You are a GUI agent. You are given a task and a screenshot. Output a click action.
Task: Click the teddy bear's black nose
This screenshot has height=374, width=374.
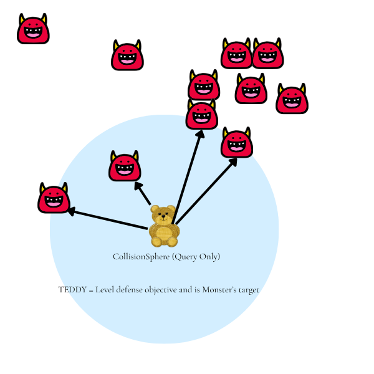coord(163,216)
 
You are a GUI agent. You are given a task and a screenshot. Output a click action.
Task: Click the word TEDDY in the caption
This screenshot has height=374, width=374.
coord(72,290)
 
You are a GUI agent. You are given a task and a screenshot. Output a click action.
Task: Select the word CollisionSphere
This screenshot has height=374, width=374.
coord(141,257)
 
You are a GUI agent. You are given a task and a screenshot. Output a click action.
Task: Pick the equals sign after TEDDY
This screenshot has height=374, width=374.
coord(91,290)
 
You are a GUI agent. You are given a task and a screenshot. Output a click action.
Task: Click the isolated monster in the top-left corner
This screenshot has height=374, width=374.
coord(33,29)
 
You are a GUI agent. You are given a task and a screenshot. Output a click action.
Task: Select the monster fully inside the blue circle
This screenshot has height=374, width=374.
coord(125,166)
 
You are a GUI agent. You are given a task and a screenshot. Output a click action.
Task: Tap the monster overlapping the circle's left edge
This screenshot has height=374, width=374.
coord(54,198)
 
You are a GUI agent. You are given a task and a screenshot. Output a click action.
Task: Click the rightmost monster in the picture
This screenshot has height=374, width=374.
coord(292,98)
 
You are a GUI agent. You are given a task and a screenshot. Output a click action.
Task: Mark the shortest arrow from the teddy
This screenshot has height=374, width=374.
coord(142,193)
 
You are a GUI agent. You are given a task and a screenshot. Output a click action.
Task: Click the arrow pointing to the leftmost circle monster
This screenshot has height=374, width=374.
coord(108,218)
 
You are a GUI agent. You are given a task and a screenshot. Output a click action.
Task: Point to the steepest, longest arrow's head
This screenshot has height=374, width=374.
coord(201,133)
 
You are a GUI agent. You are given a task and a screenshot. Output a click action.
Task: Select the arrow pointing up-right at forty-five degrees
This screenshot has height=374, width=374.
coord(206,191)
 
